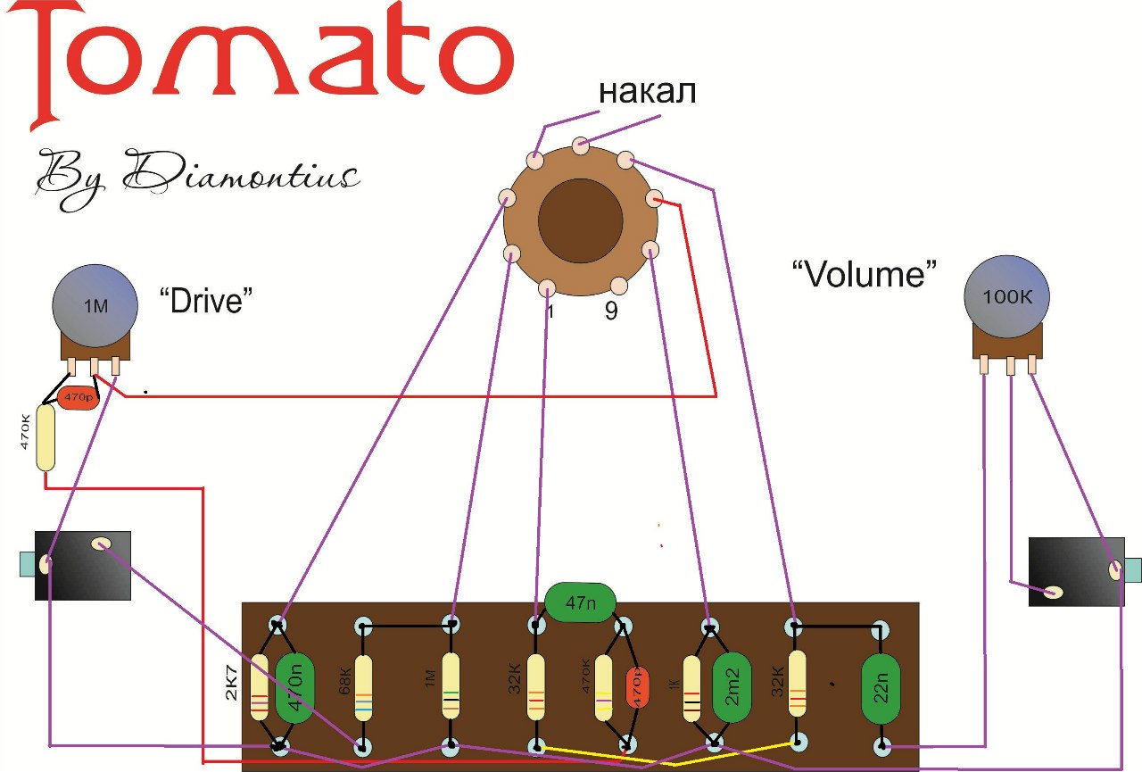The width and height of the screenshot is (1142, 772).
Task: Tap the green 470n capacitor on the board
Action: click(294, 687)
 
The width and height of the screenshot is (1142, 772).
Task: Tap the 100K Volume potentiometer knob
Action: click(1006, 297)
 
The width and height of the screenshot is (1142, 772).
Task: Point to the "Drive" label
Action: click(201, 302)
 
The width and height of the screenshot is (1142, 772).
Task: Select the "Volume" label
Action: click(865, 272)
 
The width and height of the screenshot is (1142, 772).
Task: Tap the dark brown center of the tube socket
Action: click(580, 220)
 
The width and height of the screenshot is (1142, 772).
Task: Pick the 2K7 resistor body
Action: click(260, 687)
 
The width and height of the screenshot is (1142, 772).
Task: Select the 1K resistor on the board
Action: click(692, 687)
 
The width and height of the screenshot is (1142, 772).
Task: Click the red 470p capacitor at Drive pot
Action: click(79, 397)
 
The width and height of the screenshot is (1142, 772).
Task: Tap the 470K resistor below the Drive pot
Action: click(45, 437)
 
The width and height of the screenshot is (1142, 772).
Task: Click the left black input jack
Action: click(80, 564)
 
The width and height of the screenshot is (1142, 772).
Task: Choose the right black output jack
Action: click(1076, 571)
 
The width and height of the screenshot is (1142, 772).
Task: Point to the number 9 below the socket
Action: click(611, 312)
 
